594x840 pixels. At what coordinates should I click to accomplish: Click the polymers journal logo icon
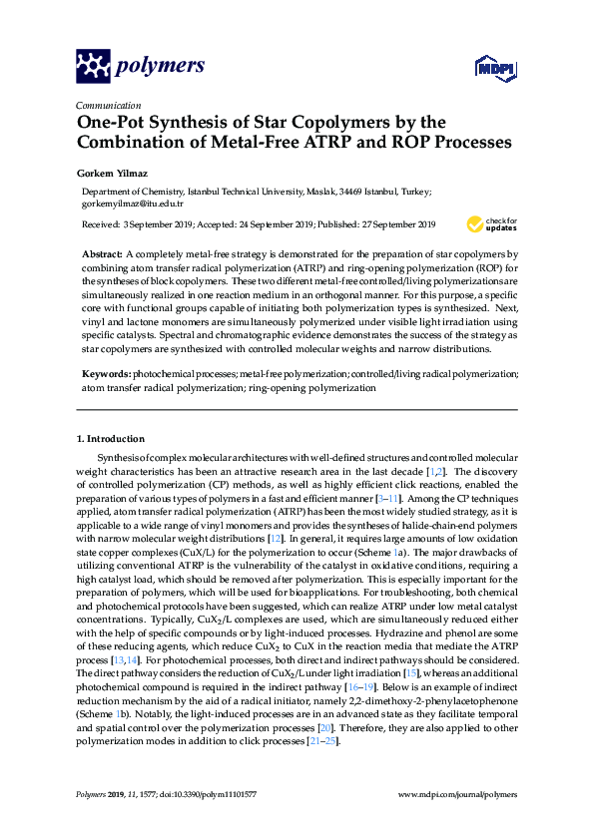(x=92, y=66)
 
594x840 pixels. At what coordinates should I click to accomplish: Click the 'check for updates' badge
(x=493, y=223)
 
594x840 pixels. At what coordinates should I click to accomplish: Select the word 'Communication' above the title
(x=108, y=104)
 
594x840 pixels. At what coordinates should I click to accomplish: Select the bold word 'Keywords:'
(x=106, y=374)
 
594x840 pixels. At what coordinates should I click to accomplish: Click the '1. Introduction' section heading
(x=111, y=439)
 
